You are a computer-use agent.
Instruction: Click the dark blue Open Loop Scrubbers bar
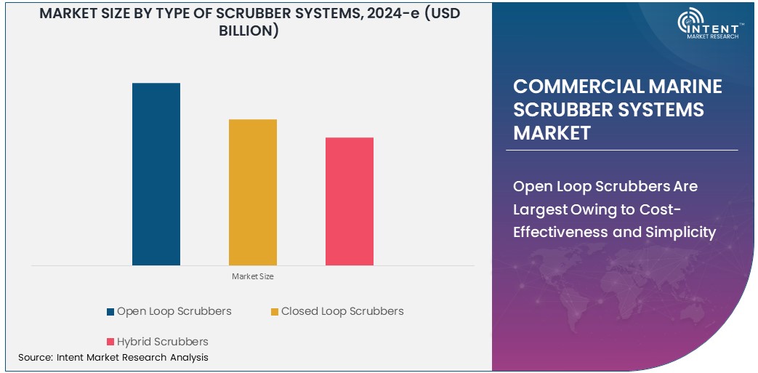(x=156, y=175)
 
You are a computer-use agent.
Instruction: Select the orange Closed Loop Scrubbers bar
(x=252, y=192)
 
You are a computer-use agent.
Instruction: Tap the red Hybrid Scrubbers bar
(x=349, y=201)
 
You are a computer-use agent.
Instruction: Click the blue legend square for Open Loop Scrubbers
(x=110, y=312)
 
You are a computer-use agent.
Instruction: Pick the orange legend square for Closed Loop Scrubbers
(x=274, y=312)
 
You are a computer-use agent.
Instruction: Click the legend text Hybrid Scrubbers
(x=162, y=342)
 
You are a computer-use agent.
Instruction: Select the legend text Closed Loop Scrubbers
(x=342, y=311)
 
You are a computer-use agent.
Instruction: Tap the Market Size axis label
(x=252, y=277)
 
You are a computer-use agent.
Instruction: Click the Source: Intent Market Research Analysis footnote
(x=113, y=358)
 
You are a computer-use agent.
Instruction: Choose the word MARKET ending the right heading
(x=552, y=133)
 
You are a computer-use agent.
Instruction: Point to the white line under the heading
(x=621, y=150)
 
